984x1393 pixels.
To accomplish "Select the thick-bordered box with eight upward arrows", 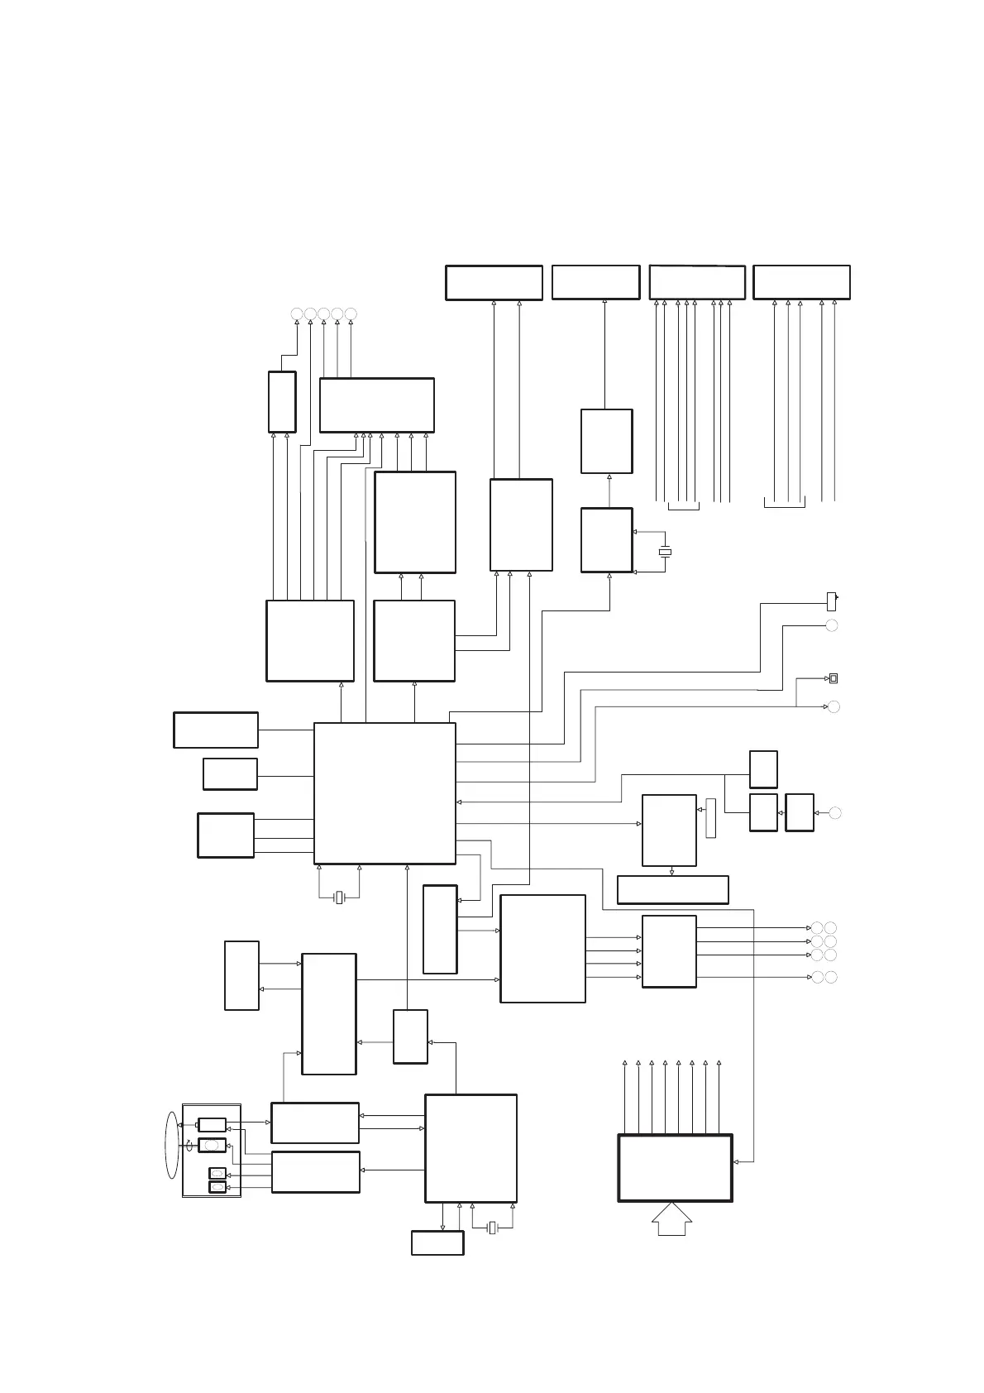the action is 675,1167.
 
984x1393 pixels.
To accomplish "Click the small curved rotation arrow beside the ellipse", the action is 189,1143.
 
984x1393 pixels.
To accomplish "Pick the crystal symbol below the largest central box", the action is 339,898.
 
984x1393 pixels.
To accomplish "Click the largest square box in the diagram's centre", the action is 385,792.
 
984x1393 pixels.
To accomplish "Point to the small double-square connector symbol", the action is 834,678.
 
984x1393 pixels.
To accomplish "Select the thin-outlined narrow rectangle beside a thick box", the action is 710,818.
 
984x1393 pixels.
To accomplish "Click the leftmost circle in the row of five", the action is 297,314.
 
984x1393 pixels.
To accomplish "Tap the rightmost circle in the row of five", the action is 351,314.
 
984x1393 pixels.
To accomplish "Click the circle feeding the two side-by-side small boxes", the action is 835,813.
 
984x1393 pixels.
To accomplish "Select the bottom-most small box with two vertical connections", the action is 437,1242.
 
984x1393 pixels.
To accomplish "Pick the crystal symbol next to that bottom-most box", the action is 492,1228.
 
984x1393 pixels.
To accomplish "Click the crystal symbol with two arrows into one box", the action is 664,552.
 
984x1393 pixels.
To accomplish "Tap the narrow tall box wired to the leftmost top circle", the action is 282,401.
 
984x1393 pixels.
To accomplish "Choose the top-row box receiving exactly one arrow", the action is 595,282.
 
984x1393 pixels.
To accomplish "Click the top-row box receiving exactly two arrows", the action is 494,282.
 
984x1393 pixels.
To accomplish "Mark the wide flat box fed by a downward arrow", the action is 672,889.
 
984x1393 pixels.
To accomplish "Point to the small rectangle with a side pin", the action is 832,601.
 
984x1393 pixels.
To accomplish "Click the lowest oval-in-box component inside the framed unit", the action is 217,1187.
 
